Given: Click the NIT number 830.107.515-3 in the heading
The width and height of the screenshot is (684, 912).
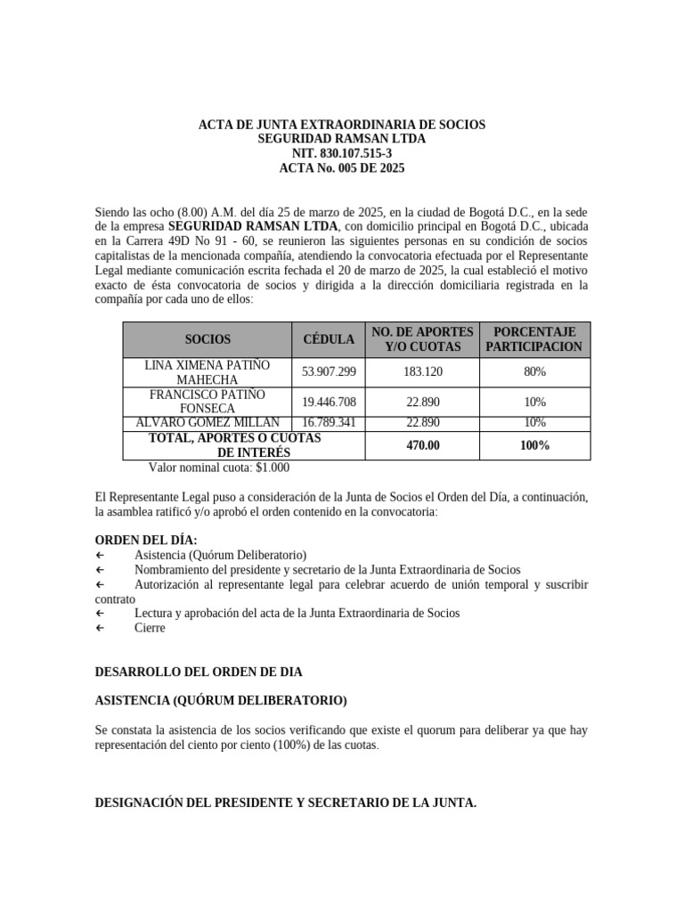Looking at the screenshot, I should pos(342,153).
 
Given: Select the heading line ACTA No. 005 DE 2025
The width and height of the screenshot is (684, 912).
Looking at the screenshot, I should pos(342,167).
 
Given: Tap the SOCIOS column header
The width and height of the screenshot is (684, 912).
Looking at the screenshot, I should pos(208,339).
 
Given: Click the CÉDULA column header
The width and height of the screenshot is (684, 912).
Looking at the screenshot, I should pos(329,339).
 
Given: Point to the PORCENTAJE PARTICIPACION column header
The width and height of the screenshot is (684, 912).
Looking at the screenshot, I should pos(534,339).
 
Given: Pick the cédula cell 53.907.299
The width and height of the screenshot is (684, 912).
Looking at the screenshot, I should pos(329,371).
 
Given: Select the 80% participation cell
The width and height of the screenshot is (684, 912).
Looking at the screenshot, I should pos(534,371).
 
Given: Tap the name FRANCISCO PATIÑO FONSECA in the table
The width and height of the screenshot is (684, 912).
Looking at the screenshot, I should pos(207,401).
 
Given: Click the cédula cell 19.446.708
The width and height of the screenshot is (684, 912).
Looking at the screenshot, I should pos(329,402).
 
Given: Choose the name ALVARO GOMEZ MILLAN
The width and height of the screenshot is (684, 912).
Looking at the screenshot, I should pos(207,422).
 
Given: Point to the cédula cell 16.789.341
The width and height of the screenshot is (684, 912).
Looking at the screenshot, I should pos(329,422).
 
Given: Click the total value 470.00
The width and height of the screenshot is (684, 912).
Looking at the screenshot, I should pos(423,444).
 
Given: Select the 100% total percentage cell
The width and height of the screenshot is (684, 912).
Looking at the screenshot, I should pos(534,444).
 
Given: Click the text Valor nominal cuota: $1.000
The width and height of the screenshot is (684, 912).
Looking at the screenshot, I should pos(218,468).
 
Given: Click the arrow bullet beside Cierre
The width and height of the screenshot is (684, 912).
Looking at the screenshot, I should pos(99,628).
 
